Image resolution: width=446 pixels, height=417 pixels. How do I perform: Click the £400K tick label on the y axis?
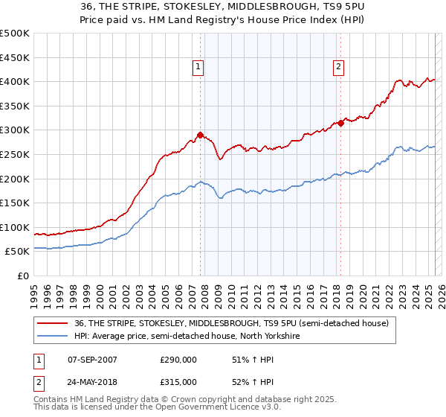15,82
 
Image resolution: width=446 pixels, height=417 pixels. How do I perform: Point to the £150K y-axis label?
15,203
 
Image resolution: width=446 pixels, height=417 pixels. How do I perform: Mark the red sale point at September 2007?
200,136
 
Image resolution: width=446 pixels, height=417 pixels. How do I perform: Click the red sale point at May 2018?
340,124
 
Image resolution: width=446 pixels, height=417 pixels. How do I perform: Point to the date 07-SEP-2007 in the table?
91,360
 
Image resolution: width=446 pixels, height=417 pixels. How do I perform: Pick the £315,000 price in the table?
178,381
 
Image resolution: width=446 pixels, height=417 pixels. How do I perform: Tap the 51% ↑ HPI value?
245,360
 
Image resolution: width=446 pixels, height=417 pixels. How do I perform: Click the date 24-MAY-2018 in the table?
91,381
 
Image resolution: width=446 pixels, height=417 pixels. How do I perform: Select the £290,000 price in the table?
178,360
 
